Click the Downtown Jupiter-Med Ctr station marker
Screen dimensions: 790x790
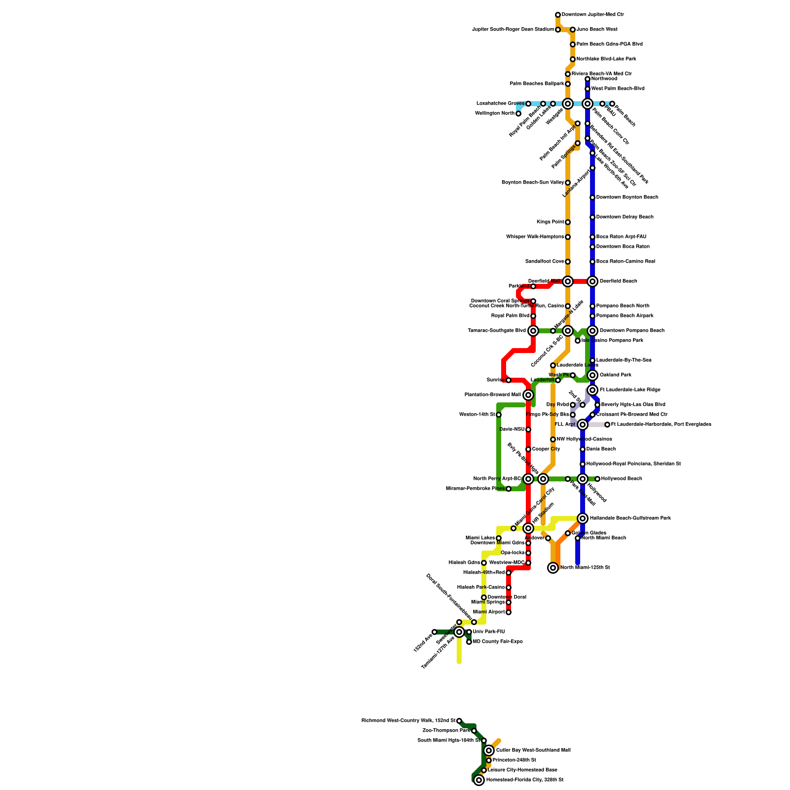[558, 15]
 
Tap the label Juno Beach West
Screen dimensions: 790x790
[597, 30]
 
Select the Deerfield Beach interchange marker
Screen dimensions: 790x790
[592, 281]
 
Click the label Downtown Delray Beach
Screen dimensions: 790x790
[625, 217]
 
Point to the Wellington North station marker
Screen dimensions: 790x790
[518, 114]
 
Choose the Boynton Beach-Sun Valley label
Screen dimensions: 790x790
[533, 183]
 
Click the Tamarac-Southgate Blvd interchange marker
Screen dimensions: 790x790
[533, 331]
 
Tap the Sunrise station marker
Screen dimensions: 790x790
[509, 380]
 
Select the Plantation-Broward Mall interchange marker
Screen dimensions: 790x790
[528, 395]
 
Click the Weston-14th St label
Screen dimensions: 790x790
[477, 415]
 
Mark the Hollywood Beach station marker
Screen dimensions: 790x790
[597, 479]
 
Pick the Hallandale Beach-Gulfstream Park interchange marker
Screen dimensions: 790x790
[583, 518]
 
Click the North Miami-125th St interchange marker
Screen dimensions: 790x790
[553, 568]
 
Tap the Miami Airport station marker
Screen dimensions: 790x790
[509, 612]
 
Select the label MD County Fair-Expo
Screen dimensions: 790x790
[498, 642]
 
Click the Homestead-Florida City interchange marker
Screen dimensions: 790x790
[479, 780]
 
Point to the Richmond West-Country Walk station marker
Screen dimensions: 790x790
[459, 721]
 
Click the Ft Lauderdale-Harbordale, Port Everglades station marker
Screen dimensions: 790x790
[607, 425]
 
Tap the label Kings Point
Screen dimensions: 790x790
[550, 222]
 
